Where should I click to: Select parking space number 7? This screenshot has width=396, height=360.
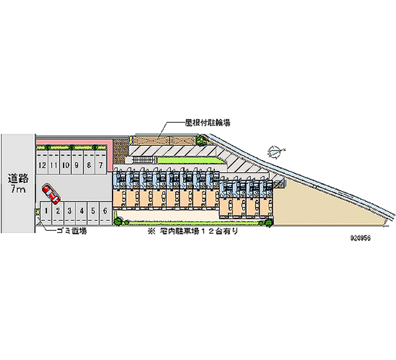pyautogui.click(x=101, y=164)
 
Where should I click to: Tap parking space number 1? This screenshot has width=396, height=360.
pyautogui.click(x=46, y=210)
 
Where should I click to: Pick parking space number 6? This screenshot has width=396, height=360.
pyautogui.click(x=105, y=210)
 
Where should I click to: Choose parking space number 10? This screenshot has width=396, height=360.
pyautogui.click(x=65, y=164)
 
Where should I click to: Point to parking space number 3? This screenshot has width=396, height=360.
pyautogui.click(x=70, y=210)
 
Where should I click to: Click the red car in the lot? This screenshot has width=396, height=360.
pyautogui.click(x=51, y=194)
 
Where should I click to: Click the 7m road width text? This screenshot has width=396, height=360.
pyautogui.click(x=17, y=190)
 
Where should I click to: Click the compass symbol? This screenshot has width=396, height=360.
pyautogui.click(x=276, y=150)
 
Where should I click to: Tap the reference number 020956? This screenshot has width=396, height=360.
pyautogui.click(x=360, y=237)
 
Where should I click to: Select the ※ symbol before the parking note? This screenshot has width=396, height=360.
pyautogui.click(x=148, y=231)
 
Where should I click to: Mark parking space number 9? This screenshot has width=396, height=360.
pyautogui.click(x=77, y=164)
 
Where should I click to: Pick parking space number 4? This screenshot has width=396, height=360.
pyautogui.click(x=82, y=210)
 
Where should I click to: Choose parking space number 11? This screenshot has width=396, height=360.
pyautogui.click(x=54, y=164)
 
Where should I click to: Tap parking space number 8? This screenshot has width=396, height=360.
pyautogui.click(x=89, y=164)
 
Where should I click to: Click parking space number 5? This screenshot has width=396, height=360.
pyautogui.click(x=94, y=210)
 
